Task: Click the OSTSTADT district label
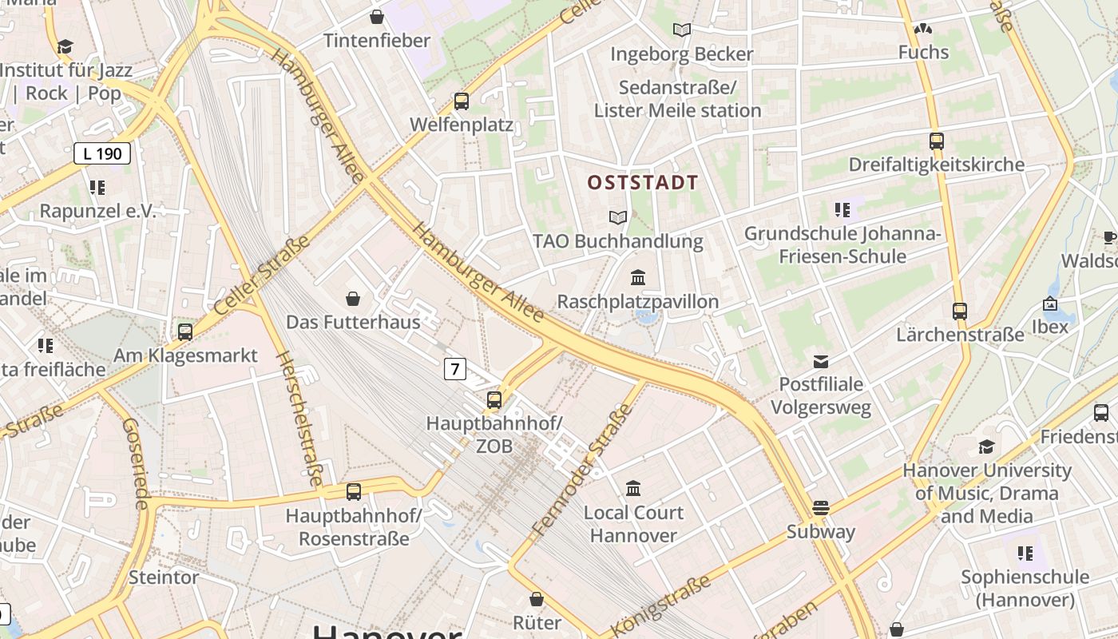pyautogui.click(x=643, y=183)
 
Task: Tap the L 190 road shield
pyautogui.click(x=102, y=153)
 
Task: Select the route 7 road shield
pyautogui.click(x=454, y=368)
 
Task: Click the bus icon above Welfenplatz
pyautogui.click(x=461, y=101)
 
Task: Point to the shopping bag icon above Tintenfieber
pyautogui.click(x=377, y=17)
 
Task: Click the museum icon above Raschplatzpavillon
pyautogui.click(x=638, y=278)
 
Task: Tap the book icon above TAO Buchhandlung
pyautogui.click(x=617, y=217)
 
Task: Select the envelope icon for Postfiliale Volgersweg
pyautogui.click(x=821, y=361)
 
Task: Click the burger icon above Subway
pyautogui.click(x=820, y=508)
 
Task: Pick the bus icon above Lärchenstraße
pyautogui.click(x=959, y=312)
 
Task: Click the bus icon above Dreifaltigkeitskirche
pyautogui.click(x=937, y=141)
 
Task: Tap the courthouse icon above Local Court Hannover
pyautogui.click(x=633, y=488)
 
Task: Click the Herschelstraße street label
pyautogui.click(x=299, y=419)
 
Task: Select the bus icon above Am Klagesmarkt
pyautogui.click(x=185, y=331)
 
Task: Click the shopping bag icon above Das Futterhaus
pyautogui.click(x=353, y=299)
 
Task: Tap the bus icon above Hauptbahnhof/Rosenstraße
pyautogui.click(x=353, y=492)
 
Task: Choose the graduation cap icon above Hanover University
pyautogui.click(x=986, y=447)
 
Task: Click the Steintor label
pyautogui.click(x=163, y=577)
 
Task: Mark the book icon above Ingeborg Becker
pyautogui.click(x=681, y=30)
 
